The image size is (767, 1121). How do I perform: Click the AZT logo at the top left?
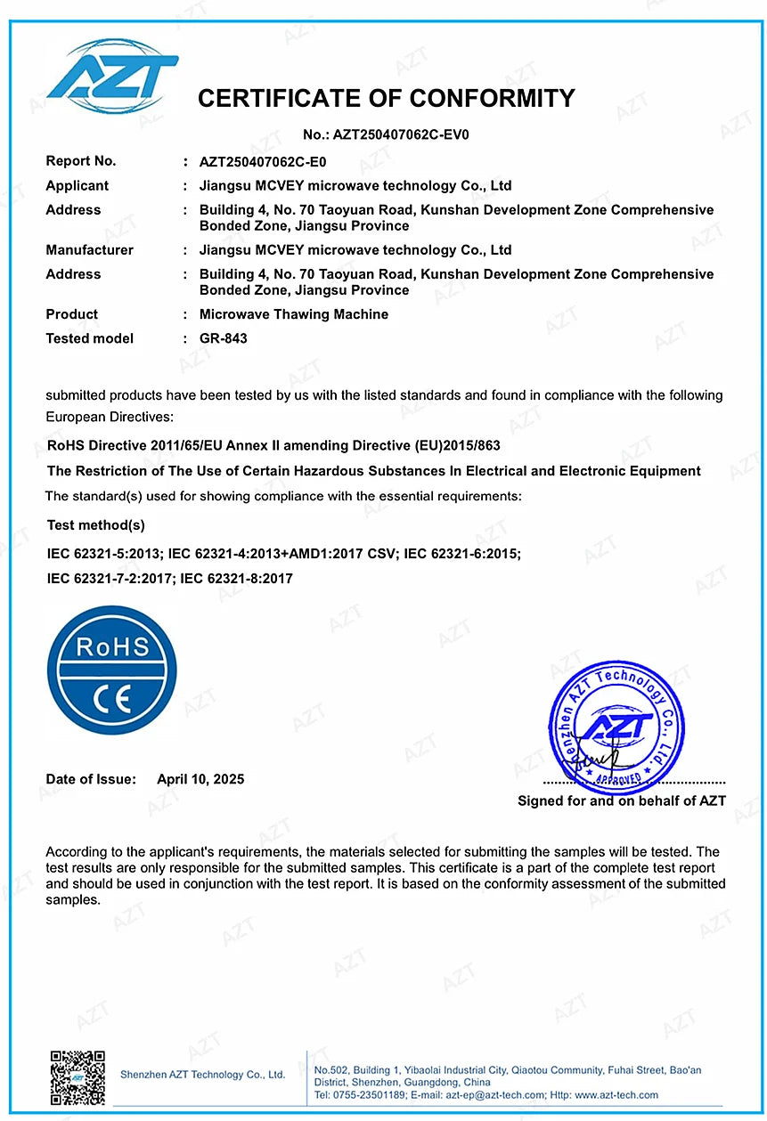pos(112,70)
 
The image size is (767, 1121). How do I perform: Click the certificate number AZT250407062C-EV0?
pos(400,135)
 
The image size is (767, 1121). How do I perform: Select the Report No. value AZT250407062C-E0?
pos(263,162)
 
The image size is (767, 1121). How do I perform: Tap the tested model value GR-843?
pos(224,338)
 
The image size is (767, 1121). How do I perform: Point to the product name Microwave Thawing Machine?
pos(294,314)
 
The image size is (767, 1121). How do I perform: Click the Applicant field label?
pos(78,186)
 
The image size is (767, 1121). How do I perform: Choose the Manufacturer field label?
pos(90,250)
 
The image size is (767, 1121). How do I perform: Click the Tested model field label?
pos(90,338)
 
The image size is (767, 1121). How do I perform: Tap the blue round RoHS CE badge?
pos(112,670)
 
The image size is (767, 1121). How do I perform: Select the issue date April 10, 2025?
pos(200,779)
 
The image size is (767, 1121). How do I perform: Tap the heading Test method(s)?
pos(96,525)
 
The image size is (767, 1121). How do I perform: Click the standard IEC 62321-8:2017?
pos(237,579)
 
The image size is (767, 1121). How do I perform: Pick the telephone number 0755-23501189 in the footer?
pos(367,1095)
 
